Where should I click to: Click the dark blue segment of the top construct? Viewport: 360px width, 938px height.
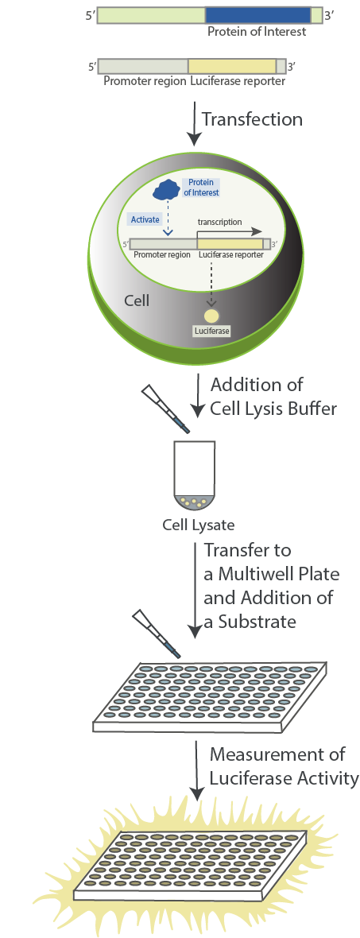pos(257,15)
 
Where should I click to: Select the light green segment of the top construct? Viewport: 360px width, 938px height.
pos(151,15)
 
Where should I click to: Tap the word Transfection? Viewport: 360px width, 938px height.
pos(252,119)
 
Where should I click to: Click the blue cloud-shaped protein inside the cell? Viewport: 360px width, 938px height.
pos(167,188)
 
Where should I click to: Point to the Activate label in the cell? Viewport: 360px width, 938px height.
pos(145,219)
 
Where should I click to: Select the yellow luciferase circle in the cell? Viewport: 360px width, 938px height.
pos(212,316)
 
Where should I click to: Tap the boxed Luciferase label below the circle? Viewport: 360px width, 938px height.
pos(211,331)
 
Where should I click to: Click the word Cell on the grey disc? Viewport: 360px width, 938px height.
pos(138,301)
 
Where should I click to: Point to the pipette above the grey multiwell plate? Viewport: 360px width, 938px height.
pos(154,633)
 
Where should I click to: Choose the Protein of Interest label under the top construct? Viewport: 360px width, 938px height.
pos(257,32)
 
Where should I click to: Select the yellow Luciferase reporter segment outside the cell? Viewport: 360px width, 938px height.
pos(231,67)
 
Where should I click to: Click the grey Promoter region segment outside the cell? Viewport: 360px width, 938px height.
pos(143,67)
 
